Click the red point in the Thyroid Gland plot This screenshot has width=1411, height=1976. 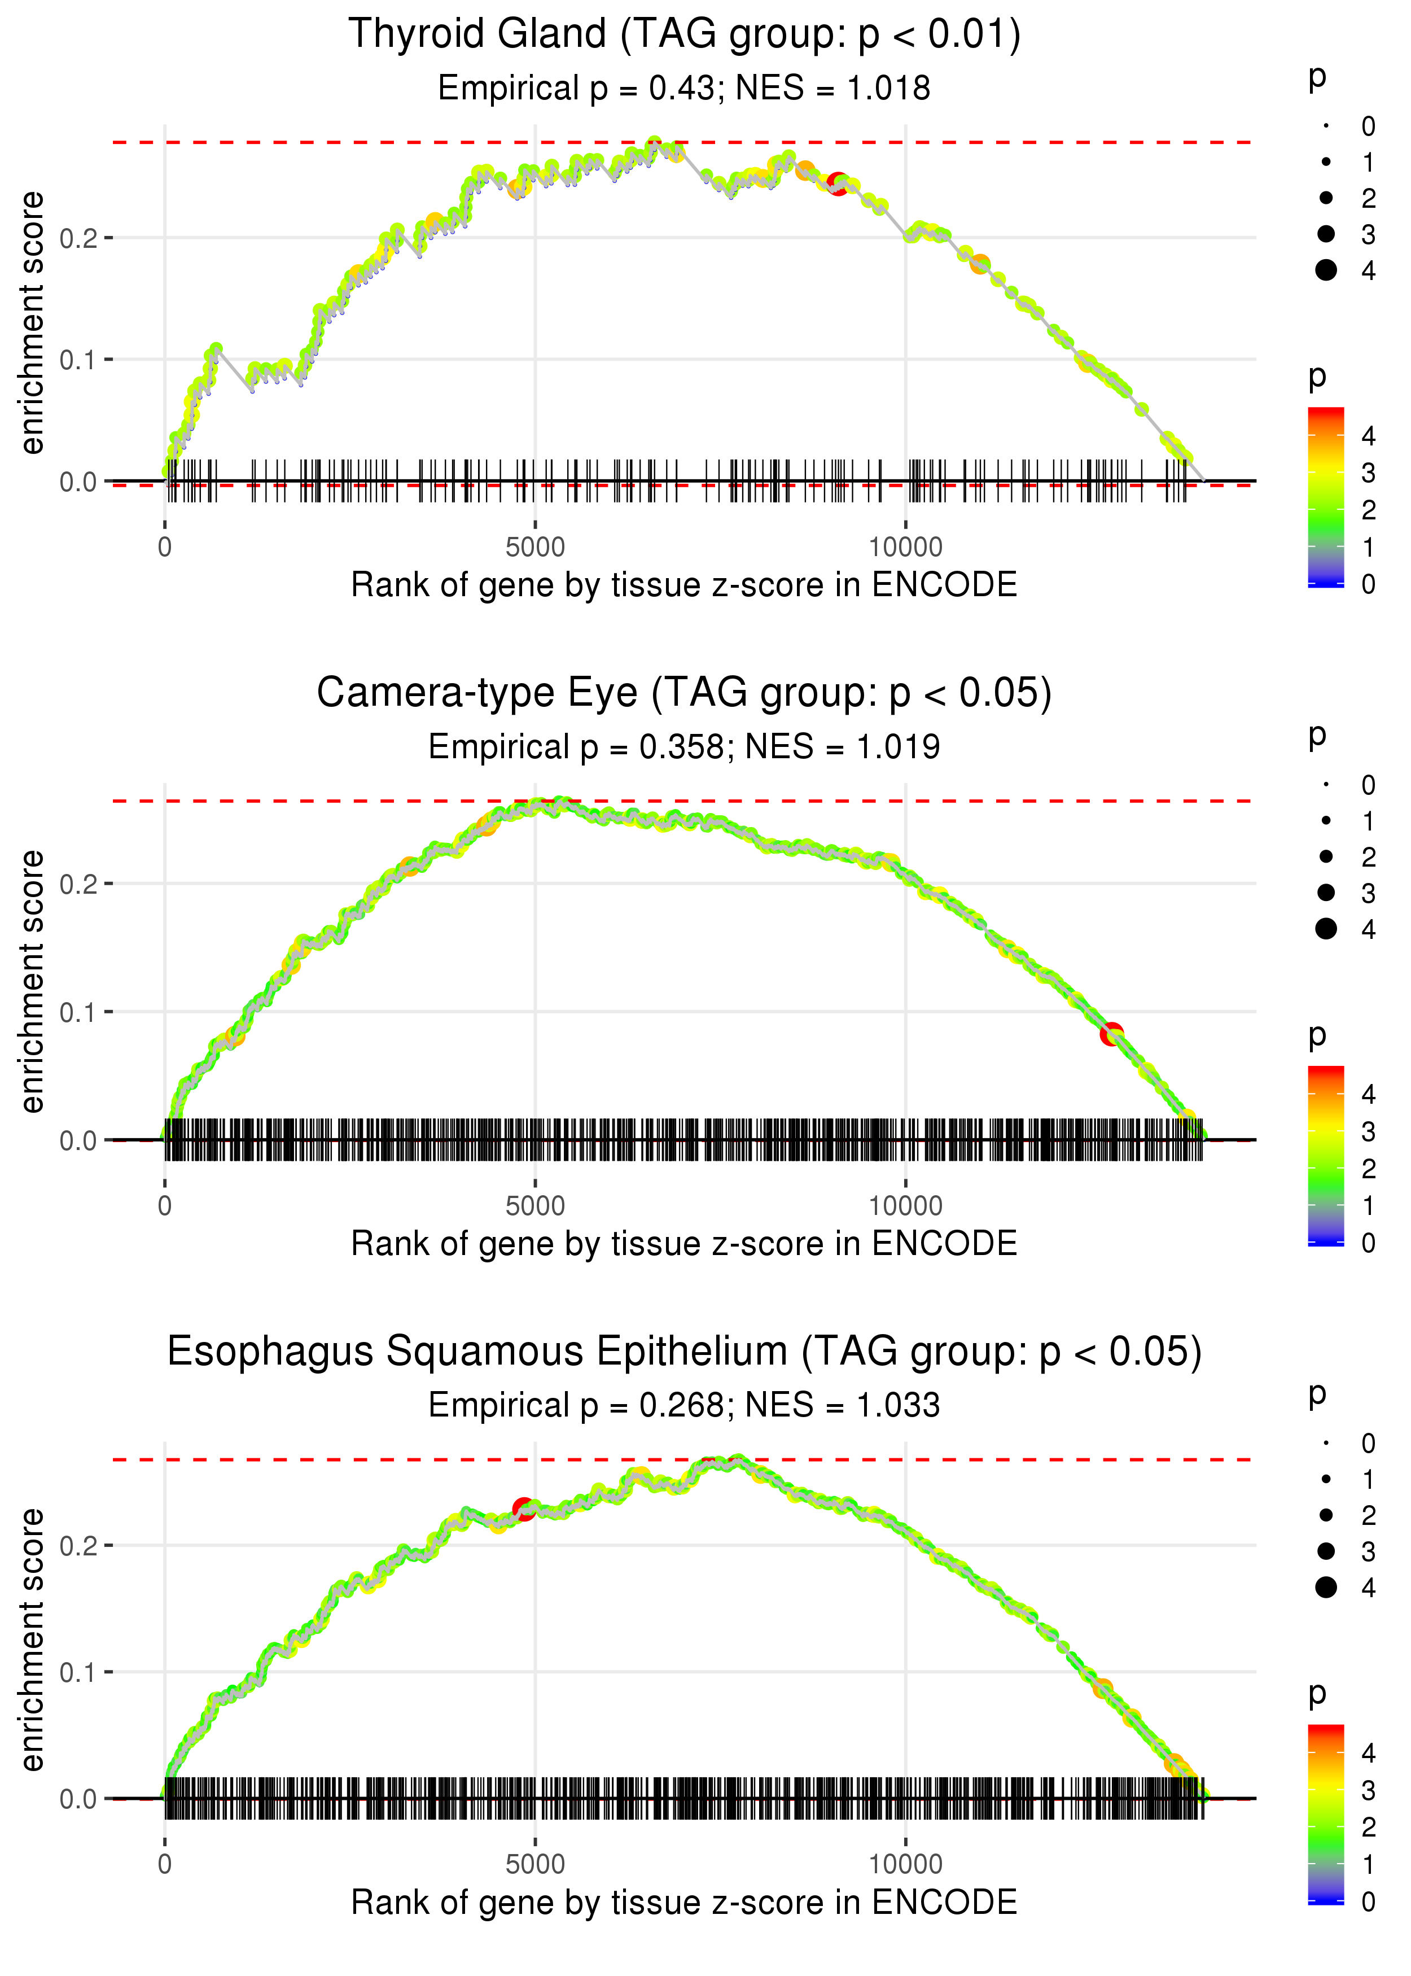click(x=838, y=183)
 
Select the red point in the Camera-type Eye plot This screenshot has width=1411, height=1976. click(x=1111, y=1034)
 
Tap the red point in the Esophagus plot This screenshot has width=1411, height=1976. click(x=523, y=1509)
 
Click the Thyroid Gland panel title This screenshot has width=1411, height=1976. click(x=684, y=35)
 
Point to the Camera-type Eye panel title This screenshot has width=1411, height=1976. click(x=684, y=693)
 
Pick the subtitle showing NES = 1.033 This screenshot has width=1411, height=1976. click(x=684, y=1405)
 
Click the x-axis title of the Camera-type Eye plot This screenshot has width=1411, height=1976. click(x=684, y=1244)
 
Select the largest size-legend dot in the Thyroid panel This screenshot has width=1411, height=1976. click(x=1326, y=270)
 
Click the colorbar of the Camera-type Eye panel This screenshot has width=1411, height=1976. click(x=1326, y=1156)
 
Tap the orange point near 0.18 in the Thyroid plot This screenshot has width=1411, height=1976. click(x=980, y=264)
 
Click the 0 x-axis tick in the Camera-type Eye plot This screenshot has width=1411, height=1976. click(x=165, y=1205)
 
